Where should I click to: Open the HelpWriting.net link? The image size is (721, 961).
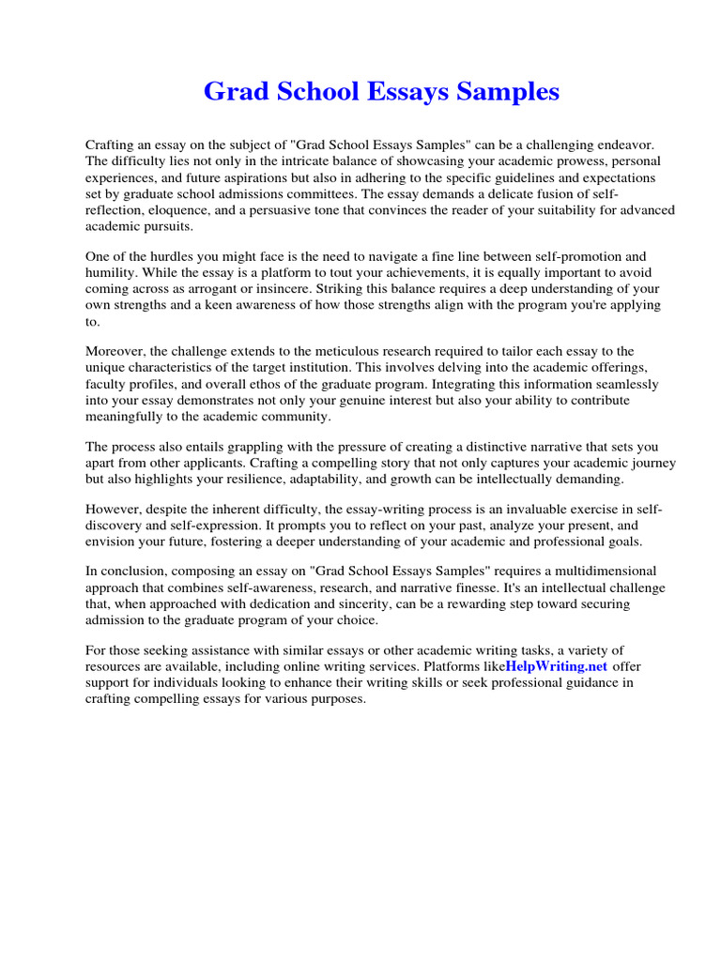tap(556, 665)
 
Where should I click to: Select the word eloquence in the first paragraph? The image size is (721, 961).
tap(177, 211)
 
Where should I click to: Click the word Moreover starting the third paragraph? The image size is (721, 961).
tap(116, 352)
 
